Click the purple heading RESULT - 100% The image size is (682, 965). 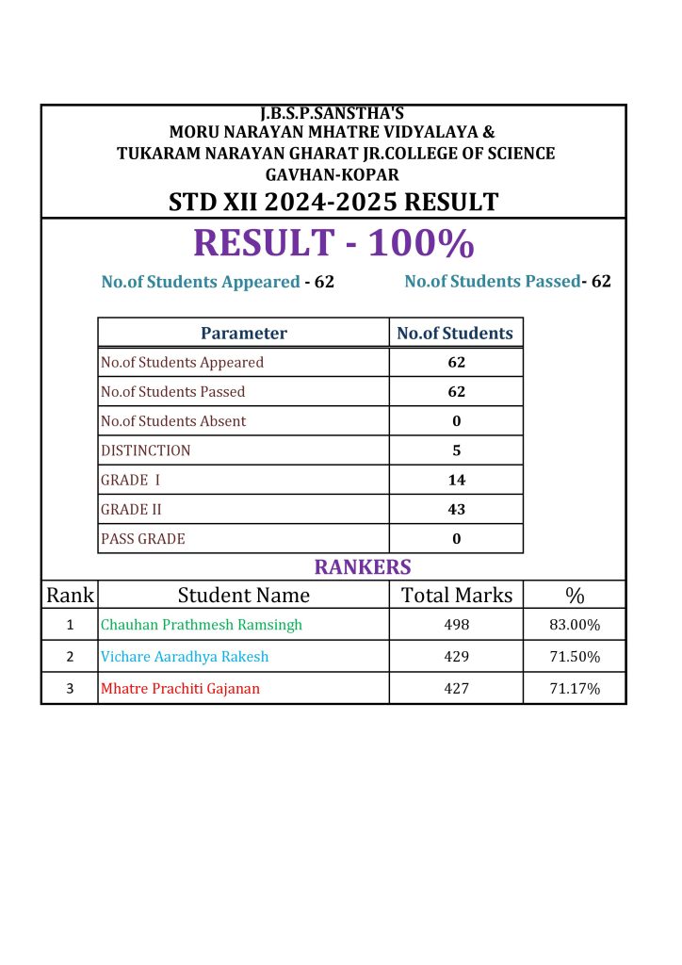pyautogui.click(x=333, y=243)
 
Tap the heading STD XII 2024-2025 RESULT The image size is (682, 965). pyautogui.click(x=333, y=202)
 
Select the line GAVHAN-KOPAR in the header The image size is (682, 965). pyautogui.click(x=333, y=174)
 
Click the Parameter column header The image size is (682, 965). pyautogui.click(x=244, y=333)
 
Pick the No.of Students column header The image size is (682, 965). pyautogui.click(x=456, y=333)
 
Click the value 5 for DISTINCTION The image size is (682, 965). pyautogui.click(x=456, y=450)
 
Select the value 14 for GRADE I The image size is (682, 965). pyautogui.click(x=456, y=480)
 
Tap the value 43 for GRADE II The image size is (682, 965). pyautogui.click(x=456, y=510)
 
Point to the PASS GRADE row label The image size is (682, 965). pyautogui.click(x=143, y=539)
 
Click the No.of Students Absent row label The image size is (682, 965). pyautogui.click(x=173, y=421)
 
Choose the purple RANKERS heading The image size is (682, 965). pyautogui.click(x=363, y=567)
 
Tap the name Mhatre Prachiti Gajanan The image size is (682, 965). pyautogui.click(x=180, y=689)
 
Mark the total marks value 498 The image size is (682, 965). pyautogui.click(x=456, y=625)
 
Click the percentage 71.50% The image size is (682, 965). pyautogui.click(x=575, y=657)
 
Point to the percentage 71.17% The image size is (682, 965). pyautogui.click(x=575, y=689)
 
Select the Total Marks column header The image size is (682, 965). pyautogui.click(x=456, y=595)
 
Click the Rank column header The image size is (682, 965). pyautogui.click(x=70, y=595)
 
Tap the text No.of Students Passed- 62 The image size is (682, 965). pyautogui.click(x=508, y=281)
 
